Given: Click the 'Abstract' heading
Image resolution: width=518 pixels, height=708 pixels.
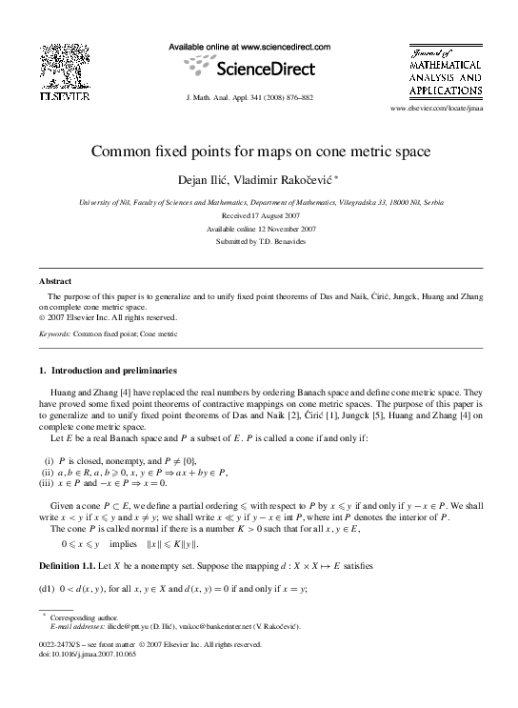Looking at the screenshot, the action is pyautogui.click(x=54, y=282).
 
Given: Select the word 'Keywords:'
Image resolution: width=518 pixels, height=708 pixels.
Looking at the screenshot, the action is pyautogui.click(x=58, y=334).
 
